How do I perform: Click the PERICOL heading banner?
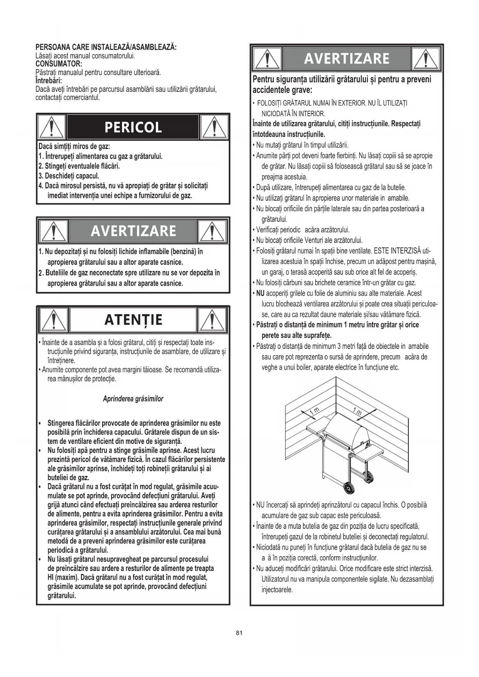(133, 127)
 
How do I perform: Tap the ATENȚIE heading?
(133, 320)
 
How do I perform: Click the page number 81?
(239, 633)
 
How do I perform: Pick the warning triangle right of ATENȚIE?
(212, 320)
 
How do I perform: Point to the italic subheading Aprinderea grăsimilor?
(133, 399)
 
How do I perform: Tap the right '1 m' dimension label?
(357, 412)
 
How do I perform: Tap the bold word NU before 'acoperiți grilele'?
(260, 293)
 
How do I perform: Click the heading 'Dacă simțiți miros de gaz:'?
(74, 147)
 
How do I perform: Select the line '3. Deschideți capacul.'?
(69, 176)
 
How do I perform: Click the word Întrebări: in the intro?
(49, 81)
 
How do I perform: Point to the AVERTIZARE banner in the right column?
(347, 59)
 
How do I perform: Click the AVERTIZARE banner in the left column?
(133, 231)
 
